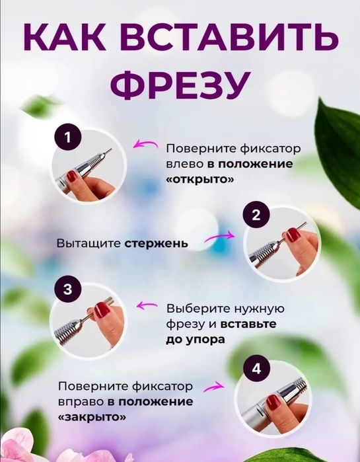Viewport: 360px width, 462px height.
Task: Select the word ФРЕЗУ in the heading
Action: (x=180, y=85)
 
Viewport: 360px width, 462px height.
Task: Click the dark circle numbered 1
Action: (x=68, y=138)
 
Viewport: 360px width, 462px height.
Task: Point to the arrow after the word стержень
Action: (x=219, y=236)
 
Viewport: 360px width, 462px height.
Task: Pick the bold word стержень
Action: (x=157, y=243)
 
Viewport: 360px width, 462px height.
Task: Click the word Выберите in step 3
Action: (x=197, y=309)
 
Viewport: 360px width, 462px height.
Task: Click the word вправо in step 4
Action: (x=80, y=401)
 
